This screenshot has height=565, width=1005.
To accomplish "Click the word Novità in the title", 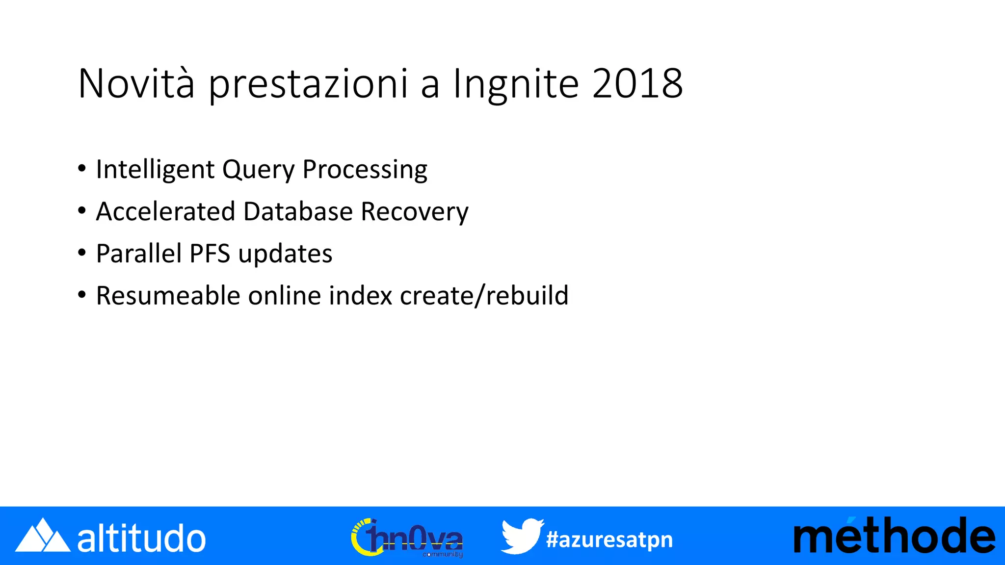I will [x=136, y=83].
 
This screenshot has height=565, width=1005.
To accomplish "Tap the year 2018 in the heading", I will [x=637, y=83].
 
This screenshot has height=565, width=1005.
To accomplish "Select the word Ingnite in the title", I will [x=516, y=84].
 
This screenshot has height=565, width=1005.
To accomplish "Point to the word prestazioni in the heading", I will [x=308, y=84].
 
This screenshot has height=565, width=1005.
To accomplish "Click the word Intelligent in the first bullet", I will [x=155, y=170].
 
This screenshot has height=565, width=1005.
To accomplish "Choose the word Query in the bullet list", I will [x=258, y=170].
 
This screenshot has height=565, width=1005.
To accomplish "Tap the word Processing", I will [x=365, y=170].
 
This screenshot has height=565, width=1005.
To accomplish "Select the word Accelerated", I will [x=166, y=212].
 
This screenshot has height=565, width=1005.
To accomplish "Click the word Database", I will [x=298, y=212].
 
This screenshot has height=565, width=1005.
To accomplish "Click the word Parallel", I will [x=139, y=254].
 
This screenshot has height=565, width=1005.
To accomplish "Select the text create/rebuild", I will [x=484, y=296].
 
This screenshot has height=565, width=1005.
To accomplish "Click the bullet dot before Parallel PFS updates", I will [x=82, y=253].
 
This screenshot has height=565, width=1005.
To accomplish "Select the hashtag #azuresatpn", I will [x=609, y=539].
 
